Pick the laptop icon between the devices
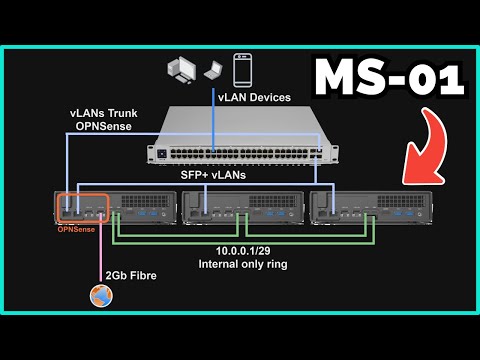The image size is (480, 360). (213, 73)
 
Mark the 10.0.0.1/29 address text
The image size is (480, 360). (239, 251)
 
